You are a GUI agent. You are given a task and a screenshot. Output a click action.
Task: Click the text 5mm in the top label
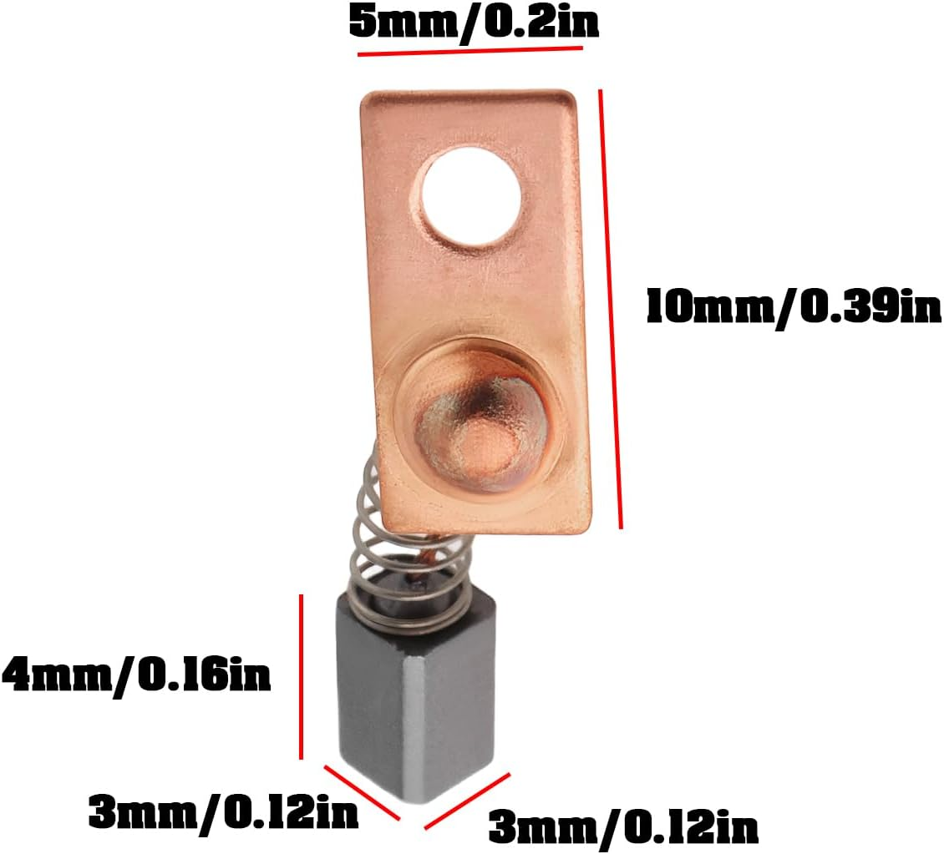[x=400, y=22]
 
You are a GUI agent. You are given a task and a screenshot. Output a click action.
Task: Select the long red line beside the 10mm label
[x=611, y=309]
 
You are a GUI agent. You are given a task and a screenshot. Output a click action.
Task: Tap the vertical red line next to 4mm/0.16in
[x=301, y=676]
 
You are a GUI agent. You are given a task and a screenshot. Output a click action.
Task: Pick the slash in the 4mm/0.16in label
[x=124, y=675]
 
